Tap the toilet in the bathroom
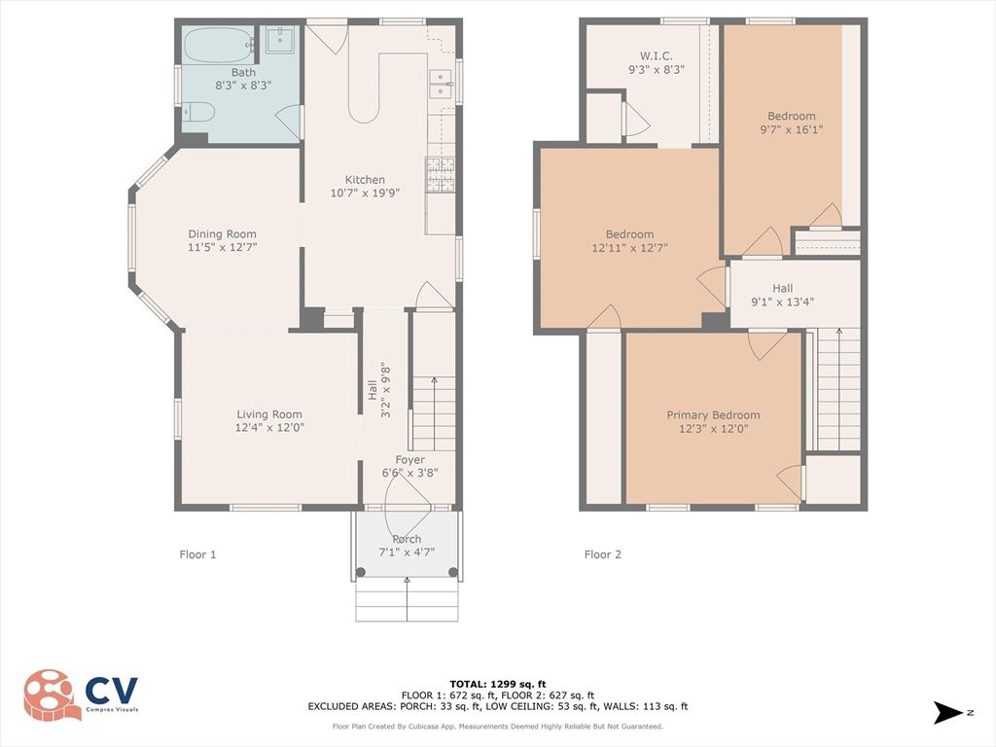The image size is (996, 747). point(197,113)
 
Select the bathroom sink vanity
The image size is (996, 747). point(278,41)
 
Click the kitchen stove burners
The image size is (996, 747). point(439,173)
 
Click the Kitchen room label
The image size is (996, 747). point(365,180)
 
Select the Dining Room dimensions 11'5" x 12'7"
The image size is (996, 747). point(223,248)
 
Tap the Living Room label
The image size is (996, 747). point(269,414)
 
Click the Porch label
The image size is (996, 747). point(407,539)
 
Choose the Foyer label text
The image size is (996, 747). point(409,460)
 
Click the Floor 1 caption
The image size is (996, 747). point(197,554)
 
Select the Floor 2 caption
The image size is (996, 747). point(602,554)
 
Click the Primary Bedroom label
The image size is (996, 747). point(713,415)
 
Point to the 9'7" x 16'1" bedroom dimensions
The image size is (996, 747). point(791,129)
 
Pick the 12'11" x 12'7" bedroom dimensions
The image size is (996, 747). point(629,248)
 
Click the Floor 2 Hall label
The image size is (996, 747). point(783,288)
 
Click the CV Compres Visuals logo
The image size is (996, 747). point(82,694)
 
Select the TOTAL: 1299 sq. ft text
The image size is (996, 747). point(497,684)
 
